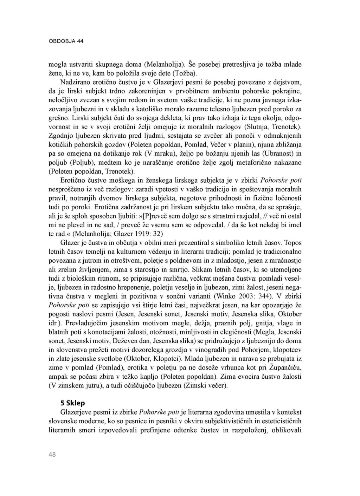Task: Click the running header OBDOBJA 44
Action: [66, 41]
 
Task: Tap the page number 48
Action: [52, 455]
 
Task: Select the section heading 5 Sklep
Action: [73, 403]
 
